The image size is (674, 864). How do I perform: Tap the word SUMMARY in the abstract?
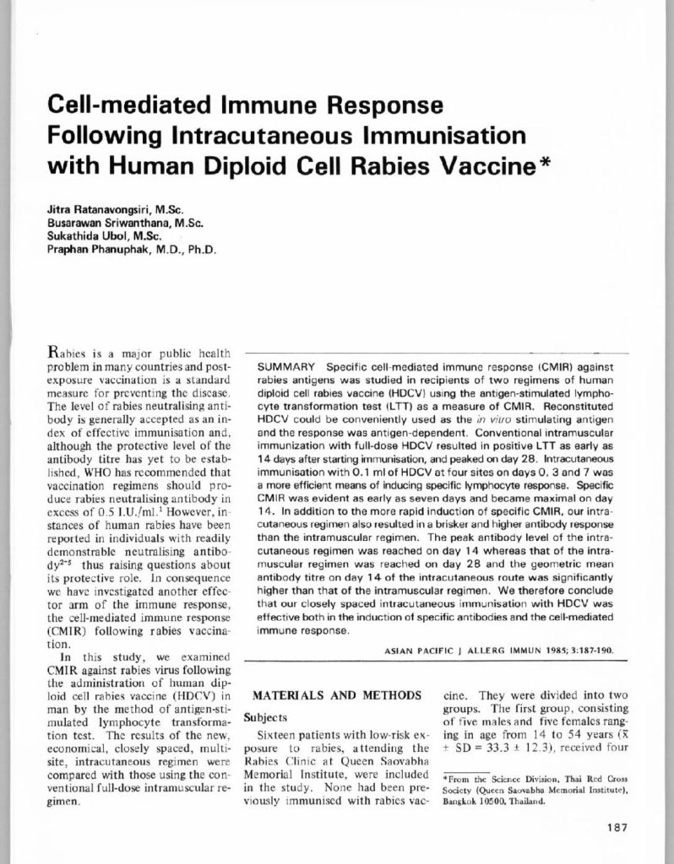click(x=287, y=369)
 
